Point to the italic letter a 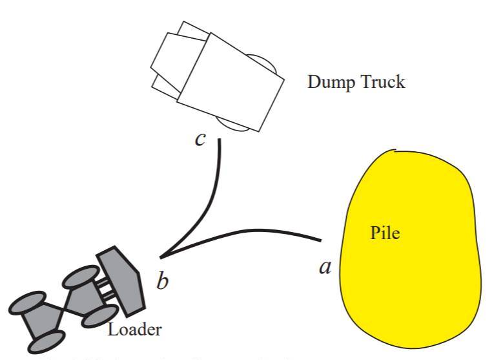point(325,265)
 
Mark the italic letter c point(201,139)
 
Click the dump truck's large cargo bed point(230,84)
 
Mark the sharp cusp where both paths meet point(161,256)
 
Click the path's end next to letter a point(321,240)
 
